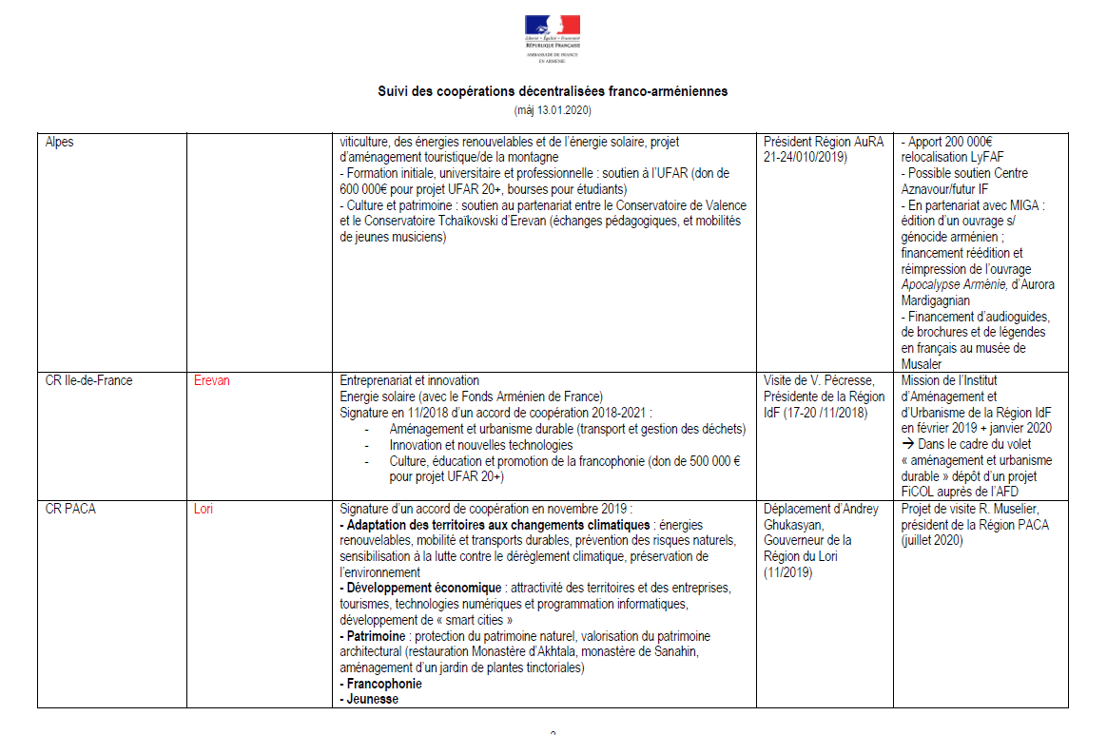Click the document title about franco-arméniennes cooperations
coord(553,92)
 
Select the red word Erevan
coord(211,380)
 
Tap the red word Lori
coord(203,509)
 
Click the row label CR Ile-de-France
coord(89,380)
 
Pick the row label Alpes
coord(61,142)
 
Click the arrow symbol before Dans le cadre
coord(907,444)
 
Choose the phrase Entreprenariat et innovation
coord(410,380)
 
